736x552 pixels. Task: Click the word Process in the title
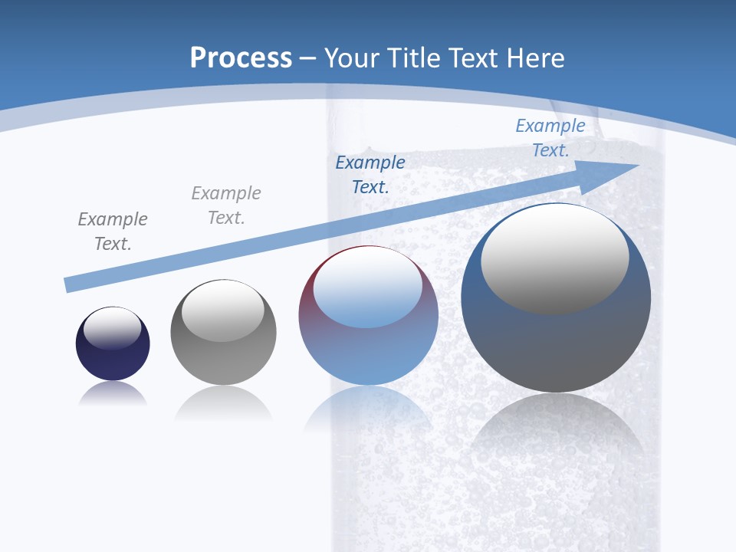(241, 58)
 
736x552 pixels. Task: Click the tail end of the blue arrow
(69, 284)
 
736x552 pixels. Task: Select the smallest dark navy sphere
(113, 360)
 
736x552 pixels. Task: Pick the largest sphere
(556, 345)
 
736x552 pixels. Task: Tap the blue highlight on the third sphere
(367, 288)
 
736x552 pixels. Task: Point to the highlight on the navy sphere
(112, 328)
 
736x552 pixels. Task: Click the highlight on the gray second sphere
(222, 310)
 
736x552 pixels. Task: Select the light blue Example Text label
(550, 138)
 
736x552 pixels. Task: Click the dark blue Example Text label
(370, 174)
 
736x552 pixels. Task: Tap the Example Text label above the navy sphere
(113, 231)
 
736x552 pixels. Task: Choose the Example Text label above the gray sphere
(226, 205)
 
